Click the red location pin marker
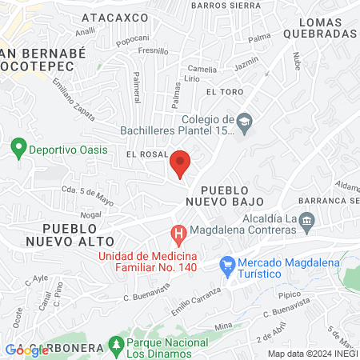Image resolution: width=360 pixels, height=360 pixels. coord(180,162)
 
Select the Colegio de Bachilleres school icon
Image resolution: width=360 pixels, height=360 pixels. coord(245,122)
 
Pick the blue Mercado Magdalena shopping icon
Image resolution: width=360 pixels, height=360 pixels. coord(227,262)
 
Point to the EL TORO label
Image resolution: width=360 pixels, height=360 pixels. coord(223,93)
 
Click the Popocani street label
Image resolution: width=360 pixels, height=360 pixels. coord(133,38)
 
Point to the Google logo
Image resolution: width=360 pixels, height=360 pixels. coord(28,349)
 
